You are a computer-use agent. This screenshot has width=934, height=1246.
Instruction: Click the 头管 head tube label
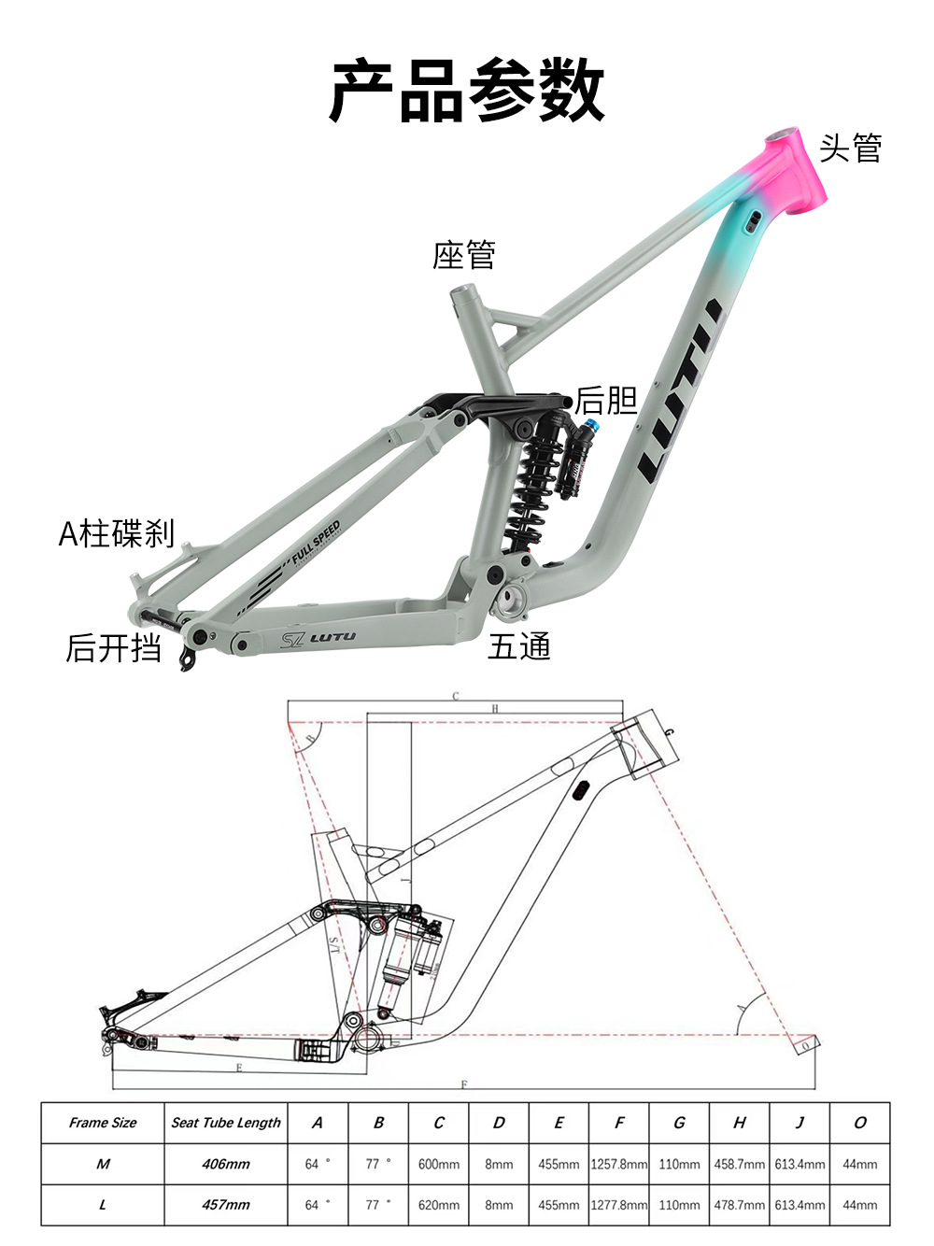point(850,149)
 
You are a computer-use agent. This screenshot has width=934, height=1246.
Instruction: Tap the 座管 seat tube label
point(463,255)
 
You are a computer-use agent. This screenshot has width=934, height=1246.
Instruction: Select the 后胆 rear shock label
point(605,400)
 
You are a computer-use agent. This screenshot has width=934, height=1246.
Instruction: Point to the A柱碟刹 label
point(117,533)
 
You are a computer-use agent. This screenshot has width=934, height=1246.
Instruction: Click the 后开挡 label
point(114,647)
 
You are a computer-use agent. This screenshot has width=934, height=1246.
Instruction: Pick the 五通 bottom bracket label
point(519,646)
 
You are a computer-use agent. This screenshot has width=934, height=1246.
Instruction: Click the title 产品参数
point(467,90)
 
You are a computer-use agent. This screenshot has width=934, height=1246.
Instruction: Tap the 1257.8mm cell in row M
point(618,1164)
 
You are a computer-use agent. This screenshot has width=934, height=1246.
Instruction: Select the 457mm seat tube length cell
point(226,1205)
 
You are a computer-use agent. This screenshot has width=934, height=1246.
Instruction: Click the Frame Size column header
point(103,1123)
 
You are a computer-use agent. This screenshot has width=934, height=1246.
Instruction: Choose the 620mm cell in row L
point(438,1205)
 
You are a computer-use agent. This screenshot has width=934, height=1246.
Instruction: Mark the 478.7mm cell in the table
point(739,1205)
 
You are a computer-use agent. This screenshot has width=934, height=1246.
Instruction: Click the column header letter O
point(859,1123)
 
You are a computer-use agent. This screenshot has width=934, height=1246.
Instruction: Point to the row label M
point(103,1164)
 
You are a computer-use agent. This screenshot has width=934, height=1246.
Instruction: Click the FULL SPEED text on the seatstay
point(316,543)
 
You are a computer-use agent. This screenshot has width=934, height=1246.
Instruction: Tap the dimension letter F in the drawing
point(464,1084)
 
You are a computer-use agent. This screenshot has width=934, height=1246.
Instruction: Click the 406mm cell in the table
point(226,1164)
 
